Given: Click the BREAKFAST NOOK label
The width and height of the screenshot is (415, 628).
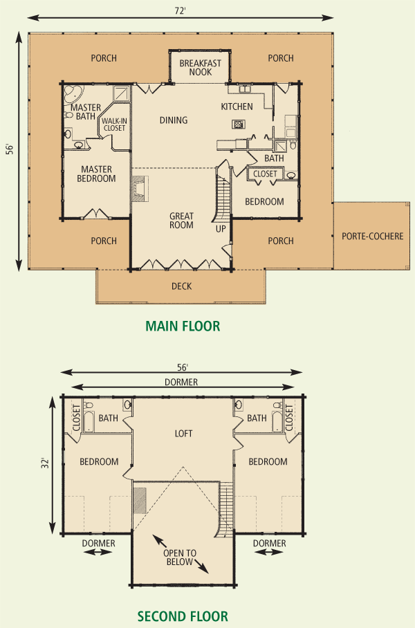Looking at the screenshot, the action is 201,68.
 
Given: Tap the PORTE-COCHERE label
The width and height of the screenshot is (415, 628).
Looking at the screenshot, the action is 373,236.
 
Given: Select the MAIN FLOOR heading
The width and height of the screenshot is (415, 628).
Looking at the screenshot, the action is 183,326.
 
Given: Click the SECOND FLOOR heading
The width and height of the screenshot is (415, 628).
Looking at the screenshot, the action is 183,616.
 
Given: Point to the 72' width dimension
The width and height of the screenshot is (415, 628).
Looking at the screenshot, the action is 181,11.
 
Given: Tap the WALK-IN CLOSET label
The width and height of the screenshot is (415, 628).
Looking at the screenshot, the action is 115,124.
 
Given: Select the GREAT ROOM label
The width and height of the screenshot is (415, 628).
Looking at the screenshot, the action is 181,221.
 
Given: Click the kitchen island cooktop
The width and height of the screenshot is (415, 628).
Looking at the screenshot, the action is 239,124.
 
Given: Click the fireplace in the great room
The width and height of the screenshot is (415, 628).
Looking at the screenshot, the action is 140,188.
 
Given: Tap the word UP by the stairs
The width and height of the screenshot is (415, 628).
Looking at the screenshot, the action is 221,229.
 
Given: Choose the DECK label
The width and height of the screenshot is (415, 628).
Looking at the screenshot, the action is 181,286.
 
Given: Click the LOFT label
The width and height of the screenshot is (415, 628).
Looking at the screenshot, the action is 183,434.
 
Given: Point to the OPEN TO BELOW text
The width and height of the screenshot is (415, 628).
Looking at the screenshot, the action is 179,557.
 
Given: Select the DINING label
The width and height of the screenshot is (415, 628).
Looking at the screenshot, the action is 174,120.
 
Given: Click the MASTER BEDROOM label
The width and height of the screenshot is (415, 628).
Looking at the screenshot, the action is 96,174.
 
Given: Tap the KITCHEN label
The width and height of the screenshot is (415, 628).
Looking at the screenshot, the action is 237,107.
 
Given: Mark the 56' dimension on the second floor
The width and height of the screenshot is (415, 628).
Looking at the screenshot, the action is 183,367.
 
